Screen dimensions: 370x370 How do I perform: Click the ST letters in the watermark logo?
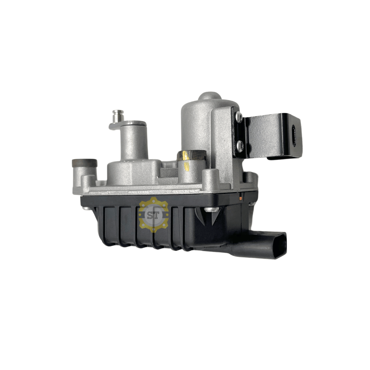click(153, 215)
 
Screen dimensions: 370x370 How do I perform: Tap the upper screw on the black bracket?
click(238, 117)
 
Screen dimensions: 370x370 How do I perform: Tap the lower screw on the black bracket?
click(240, 145)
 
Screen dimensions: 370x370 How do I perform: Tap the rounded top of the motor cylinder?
click(209, 98)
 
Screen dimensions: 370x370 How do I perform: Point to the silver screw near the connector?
click(211, 210)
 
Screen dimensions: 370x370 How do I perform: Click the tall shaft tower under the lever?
click(134, 144)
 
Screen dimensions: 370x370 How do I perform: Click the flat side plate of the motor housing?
click(222, 140)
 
